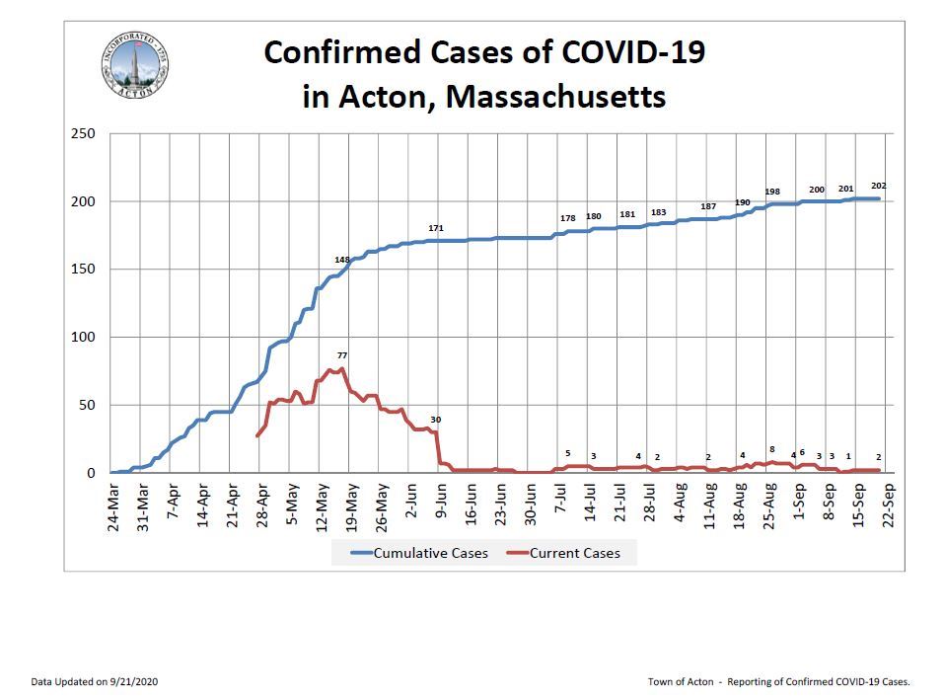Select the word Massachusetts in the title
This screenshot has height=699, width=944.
coord(555,98)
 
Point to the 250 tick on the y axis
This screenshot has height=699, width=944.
coord(84,133)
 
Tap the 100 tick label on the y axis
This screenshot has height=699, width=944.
coord(84,337)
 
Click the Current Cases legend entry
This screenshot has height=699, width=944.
coord(575,553)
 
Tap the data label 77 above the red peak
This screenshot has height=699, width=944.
coord(341,354)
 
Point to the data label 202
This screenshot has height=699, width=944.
coord(878,186)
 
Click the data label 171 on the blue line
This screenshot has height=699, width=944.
coord(435,228)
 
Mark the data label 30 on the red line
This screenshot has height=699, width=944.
coord(435,420)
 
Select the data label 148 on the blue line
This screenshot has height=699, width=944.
coord(342,260)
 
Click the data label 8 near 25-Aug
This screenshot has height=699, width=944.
coord(771,449)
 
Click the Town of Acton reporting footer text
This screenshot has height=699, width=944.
coord(778,681)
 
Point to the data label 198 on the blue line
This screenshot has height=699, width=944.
coord(772,191)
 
